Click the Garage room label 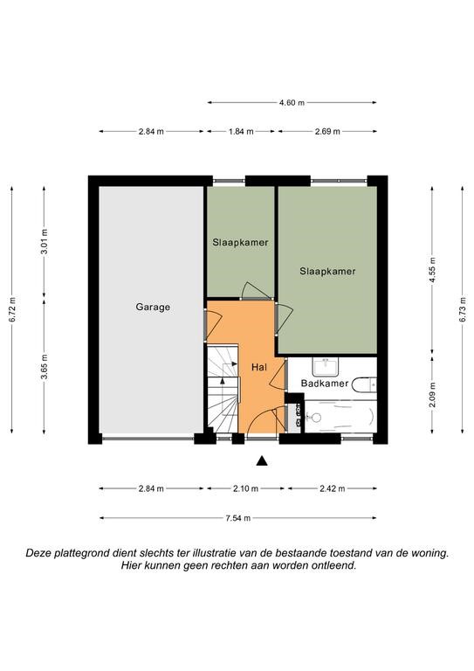pyautogui.click(x=153, y=307)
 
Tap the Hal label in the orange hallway pyautogui.click(x=259, y=367)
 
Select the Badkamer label pyautogui.click(x=325, y=383)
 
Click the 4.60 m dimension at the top pyautogui.click(x=292, y=103)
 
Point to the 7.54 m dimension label pyautogui.click(x=238, y=518)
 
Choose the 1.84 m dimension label pyautogui.click(x=241, y=131)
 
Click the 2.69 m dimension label pyautogui.click(x=327, y=131)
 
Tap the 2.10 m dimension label pyautogui.click(x=246, y=488)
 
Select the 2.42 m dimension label pyautogui.click(x=332, y=488)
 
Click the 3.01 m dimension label pyautogui.click(x=44, y=242)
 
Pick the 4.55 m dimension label pyautogui.click(x=432, y=270)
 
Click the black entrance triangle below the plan pyautogui.click(x=262, y=461)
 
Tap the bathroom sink pyautogui.click(x=326, y=367)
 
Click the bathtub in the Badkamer pyautogui.click(x=340, y=417)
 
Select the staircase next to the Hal pyautogui.click(x=223, y=389)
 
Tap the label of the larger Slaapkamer pyautogui.click(x=327, y=271)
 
